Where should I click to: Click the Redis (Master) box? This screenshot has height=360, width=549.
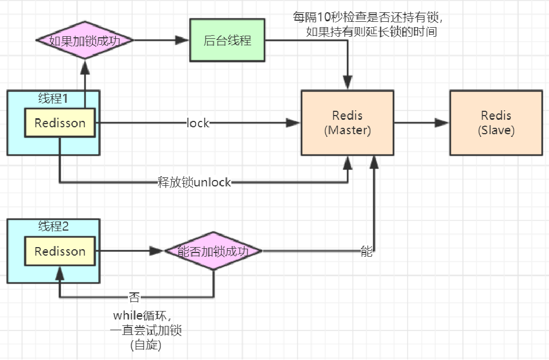[348, 123]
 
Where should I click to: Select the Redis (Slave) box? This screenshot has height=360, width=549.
[496, 123]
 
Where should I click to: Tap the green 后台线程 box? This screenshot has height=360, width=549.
[228, 40]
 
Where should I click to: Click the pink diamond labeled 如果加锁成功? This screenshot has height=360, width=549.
[84, 40]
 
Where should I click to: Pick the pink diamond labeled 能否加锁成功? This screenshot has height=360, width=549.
[213, 251]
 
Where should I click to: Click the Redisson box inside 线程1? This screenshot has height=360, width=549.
[60, 123]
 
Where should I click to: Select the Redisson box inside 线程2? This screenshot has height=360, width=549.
[60, 251]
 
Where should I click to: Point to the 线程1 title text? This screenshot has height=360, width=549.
[53, 99]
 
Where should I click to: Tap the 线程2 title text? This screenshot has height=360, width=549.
[53, 226]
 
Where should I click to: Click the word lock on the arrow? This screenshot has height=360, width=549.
[198, 123]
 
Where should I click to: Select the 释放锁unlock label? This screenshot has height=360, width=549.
[194, 183]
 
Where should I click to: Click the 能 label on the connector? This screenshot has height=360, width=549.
[367, 252]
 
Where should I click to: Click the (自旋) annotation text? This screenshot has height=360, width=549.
[146, 345]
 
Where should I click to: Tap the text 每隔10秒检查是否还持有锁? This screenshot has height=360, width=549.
[368, 17]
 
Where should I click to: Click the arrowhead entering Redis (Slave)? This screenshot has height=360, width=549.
[442, 123]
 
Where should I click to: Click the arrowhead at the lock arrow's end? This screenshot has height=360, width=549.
[294, 123]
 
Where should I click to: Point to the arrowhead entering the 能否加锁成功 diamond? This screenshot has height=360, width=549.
[157, 251]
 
